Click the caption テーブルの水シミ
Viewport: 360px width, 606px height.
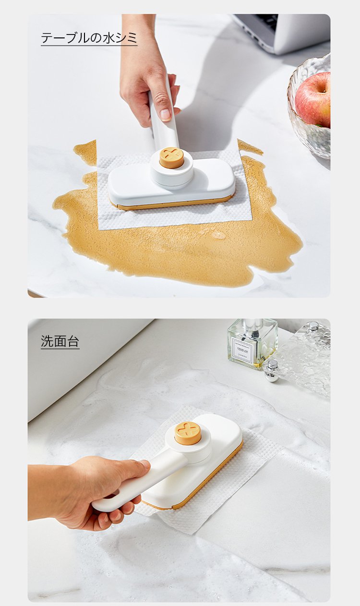[x=89, y=38]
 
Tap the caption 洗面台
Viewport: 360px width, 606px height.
[x=60, y=342]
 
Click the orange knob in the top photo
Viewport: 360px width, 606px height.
[x=171, y=157]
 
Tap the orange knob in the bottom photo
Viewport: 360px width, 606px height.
[x=188, y=433]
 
